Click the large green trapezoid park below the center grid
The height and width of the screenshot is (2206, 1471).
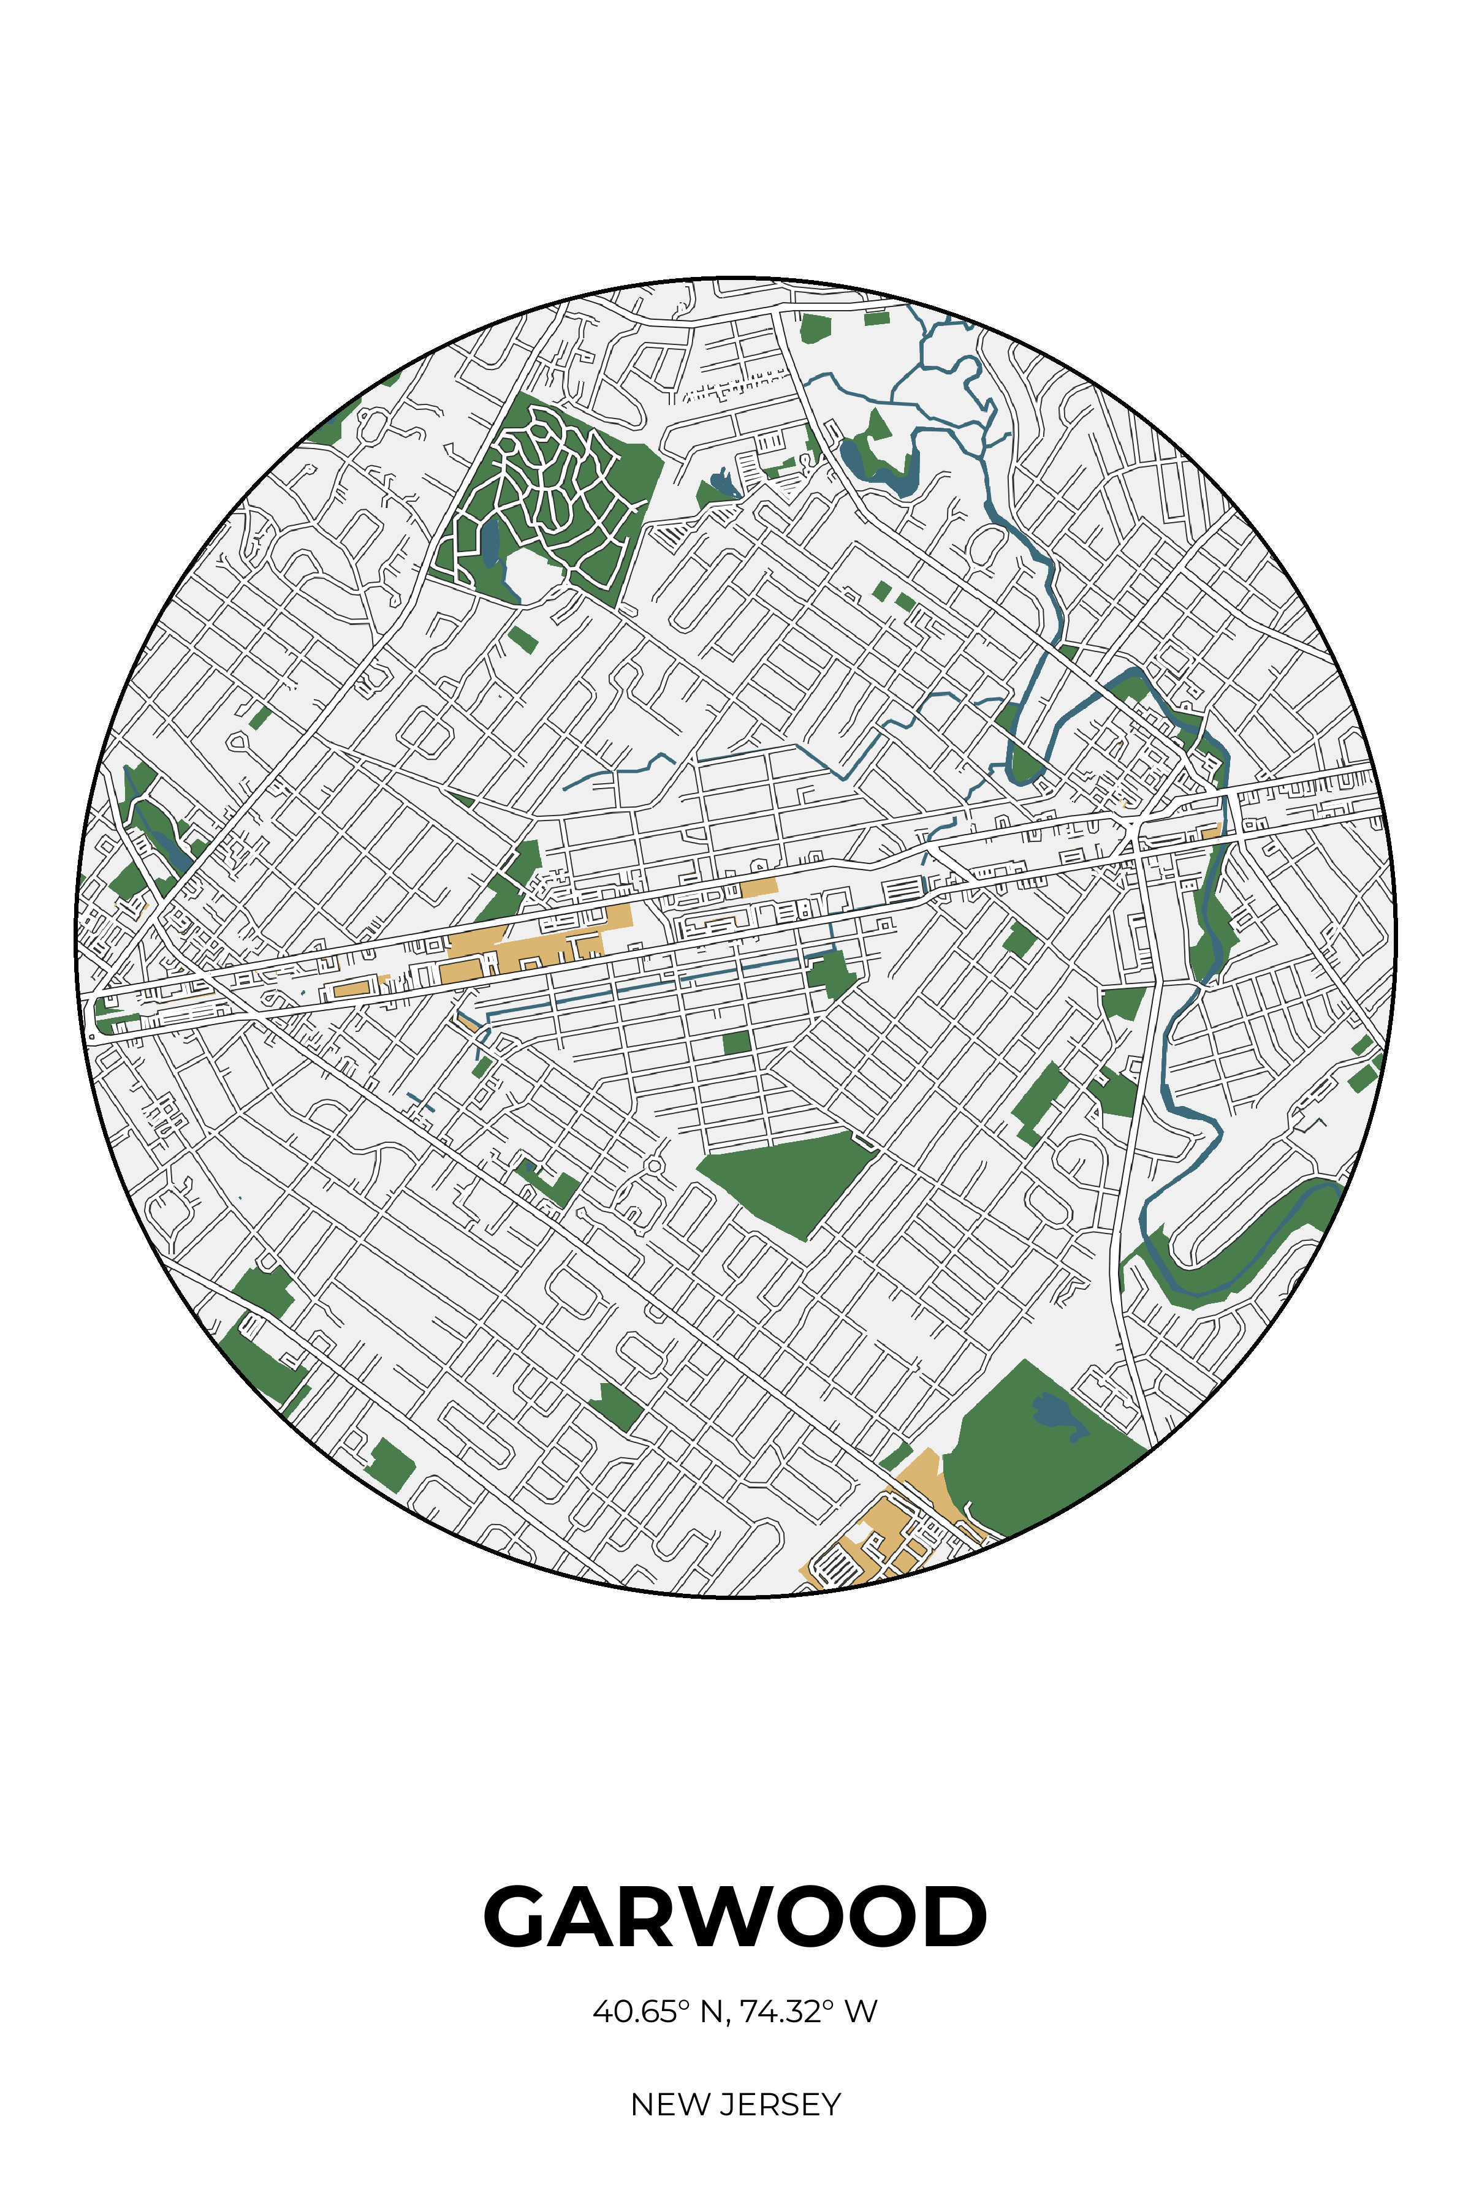point(788,1182)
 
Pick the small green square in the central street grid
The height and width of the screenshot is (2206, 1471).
point(737,1042)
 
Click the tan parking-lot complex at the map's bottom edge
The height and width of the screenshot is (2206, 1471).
point(877,1538)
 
